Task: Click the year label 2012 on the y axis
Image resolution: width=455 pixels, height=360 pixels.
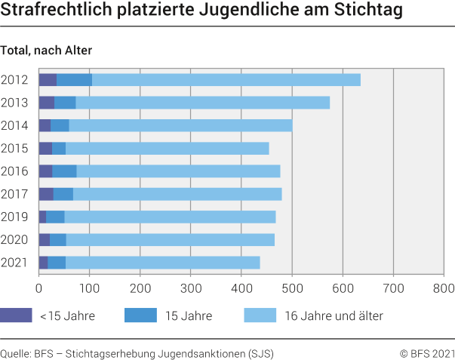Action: [14, 80]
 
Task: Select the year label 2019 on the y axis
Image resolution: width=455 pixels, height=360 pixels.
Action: [14, 217]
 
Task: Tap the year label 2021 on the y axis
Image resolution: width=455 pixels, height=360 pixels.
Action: [14, 263]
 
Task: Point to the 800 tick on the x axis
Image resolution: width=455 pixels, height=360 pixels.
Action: [444, 288]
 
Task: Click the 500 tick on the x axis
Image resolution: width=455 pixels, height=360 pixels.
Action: [291, 288]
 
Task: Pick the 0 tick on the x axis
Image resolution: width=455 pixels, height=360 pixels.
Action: [38, 288]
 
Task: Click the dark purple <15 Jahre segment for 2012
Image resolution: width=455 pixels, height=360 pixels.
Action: [48, 80]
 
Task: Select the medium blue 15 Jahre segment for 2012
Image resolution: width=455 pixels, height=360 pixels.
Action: [74, 80]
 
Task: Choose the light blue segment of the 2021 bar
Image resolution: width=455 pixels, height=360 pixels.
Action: [162, 263]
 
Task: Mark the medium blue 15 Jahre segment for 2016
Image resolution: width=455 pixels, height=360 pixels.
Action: [64, 171]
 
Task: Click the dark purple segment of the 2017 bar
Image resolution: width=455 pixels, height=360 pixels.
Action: [45, 194]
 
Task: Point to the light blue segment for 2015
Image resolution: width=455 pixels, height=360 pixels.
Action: [167, 149]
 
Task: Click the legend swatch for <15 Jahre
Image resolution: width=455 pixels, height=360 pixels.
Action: [16, 315]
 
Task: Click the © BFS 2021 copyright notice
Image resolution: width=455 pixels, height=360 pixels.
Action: [427, 352]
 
